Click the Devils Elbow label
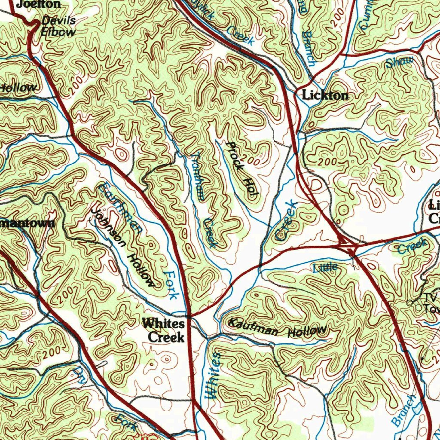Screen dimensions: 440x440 [x=58, y=26]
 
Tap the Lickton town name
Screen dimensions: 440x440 [x=325, y=95]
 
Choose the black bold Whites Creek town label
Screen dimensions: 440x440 [x=164, y=330]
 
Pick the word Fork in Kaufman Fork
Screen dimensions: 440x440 [x=171, y=285]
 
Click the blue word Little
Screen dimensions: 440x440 [x=325, y=268]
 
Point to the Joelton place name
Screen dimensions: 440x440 [x=39, y=4]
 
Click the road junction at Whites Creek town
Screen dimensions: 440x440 [x=189, y=317]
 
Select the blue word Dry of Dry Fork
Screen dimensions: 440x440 [x=80, y=375]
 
